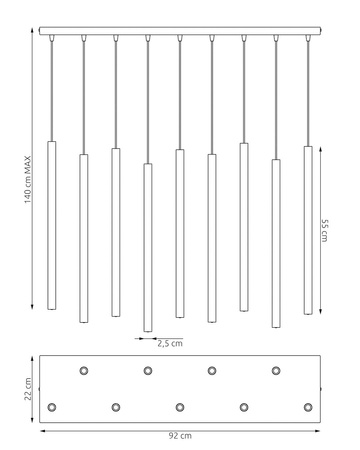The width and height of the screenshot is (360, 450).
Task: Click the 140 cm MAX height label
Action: [28, 180]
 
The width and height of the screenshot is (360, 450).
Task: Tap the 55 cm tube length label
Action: [325, 230]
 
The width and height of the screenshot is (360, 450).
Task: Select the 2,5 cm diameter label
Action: [170, 343]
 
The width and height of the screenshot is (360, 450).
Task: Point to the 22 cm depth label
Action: [28, 389]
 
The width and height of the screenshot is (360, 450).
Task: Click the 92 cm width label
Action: [180, 436]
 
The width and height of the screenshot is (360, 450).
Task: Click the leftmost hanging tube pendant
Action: [51, 225]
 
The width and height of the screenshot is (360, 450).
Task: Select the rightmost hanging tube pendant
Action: [308, 230]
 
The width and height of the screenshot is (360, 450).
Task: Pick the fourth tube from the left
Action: [148, 248]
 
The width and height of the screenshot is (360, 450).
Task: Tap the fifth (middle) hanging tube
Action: [180, 233]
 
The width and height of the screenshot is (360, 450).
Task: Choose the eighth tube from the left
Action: [276, 243]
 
